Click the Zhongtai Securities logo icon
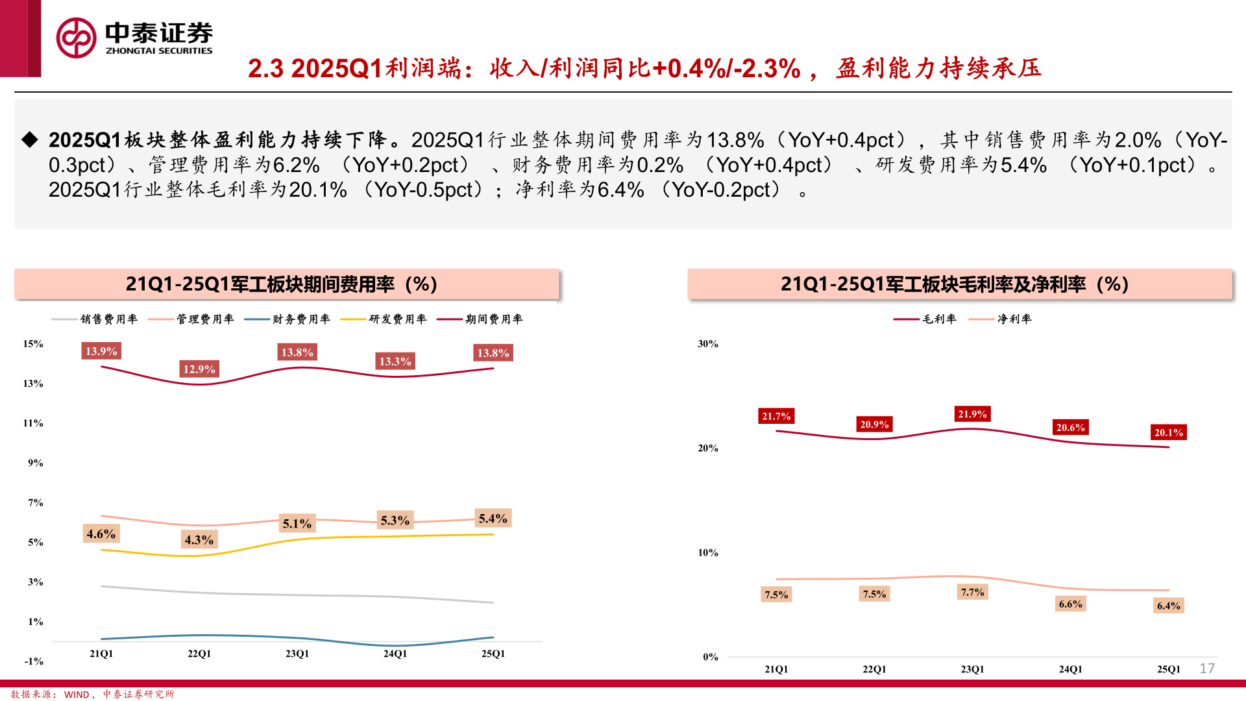click(x=76, y=38)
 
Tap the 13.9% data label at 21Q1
click(x=101, y=351)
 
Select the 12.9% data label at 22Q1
click(x=199, y=369)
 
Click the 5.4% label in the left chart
click(x=493, y=519)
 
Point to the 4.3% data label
click(x=199, y=540)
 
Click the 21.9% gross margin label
click(x=972, y=414)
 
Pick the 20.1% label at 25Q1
click(x=1168, y=432)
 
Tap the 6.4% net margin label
click(x=1168, y=606)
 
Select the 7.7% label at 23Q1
click(x=972, y=592)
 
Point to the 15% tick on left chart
click(x=33, y=344)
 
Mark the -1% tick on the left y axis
click(x=34, y=661)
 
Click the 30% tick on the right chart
click(x=708, y=344)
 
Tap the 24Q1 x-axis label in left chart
click(x=395, y=654)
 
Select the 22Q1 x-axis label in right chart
click(x=874, y=669)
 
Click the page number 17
click(x=1207, y=669)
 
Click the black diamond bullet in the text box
click(x=30, y=140)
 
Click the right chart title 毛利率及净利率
click(x=954, y=284)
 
